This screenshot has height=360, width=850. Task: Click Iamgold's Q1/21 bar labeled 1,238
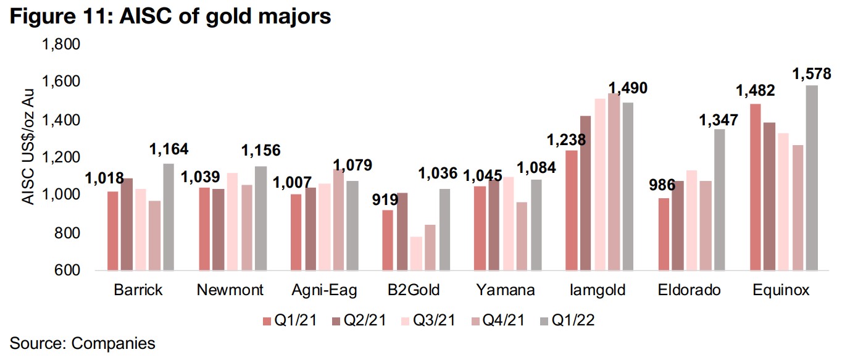click(571, 210)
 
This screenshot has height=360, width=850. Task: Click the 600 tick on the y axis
click(69, 271)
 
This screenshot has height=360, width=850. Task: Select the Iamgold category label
click(598, 290)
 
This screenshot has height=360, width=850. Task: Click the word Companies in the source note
click(114, 343)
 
